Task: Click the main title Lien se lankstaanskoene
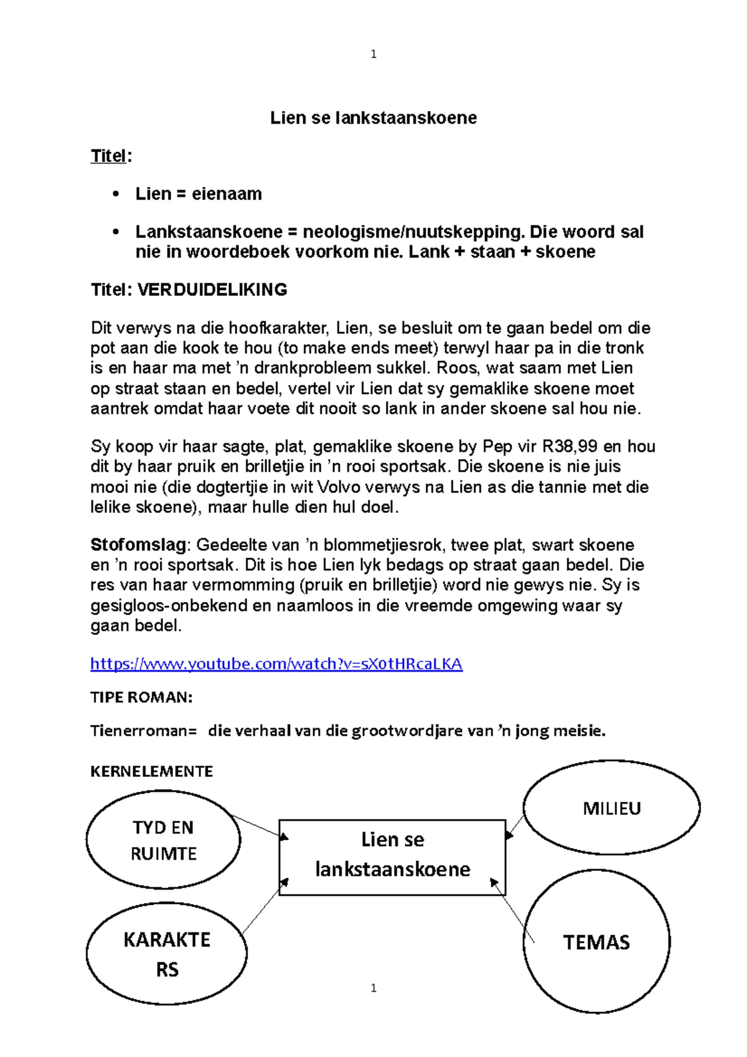tap(374, 118)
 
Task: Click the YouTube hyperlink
tap(276, 664)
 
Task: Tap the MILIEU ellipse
tap(611, 808)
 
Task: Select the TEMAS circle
tap(596, 942)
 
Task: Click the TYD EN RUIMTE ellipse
tap(163, 840)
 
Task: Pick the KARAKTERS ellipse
tap(166, 953)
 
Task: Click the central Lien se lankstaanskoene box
tap(392, 857)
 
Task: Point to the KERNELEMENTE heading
tap(152, 771)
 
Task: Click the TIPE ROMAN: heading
tap(141, 697)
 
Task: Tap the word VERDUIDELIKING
tap(212, 289)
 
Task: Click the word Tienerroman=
tap(143, 730)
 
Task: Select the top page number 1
tap(374, 54)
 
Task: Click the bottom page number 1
tap(374, 988)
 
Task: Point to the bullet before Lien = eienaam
tap(115, 194)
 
